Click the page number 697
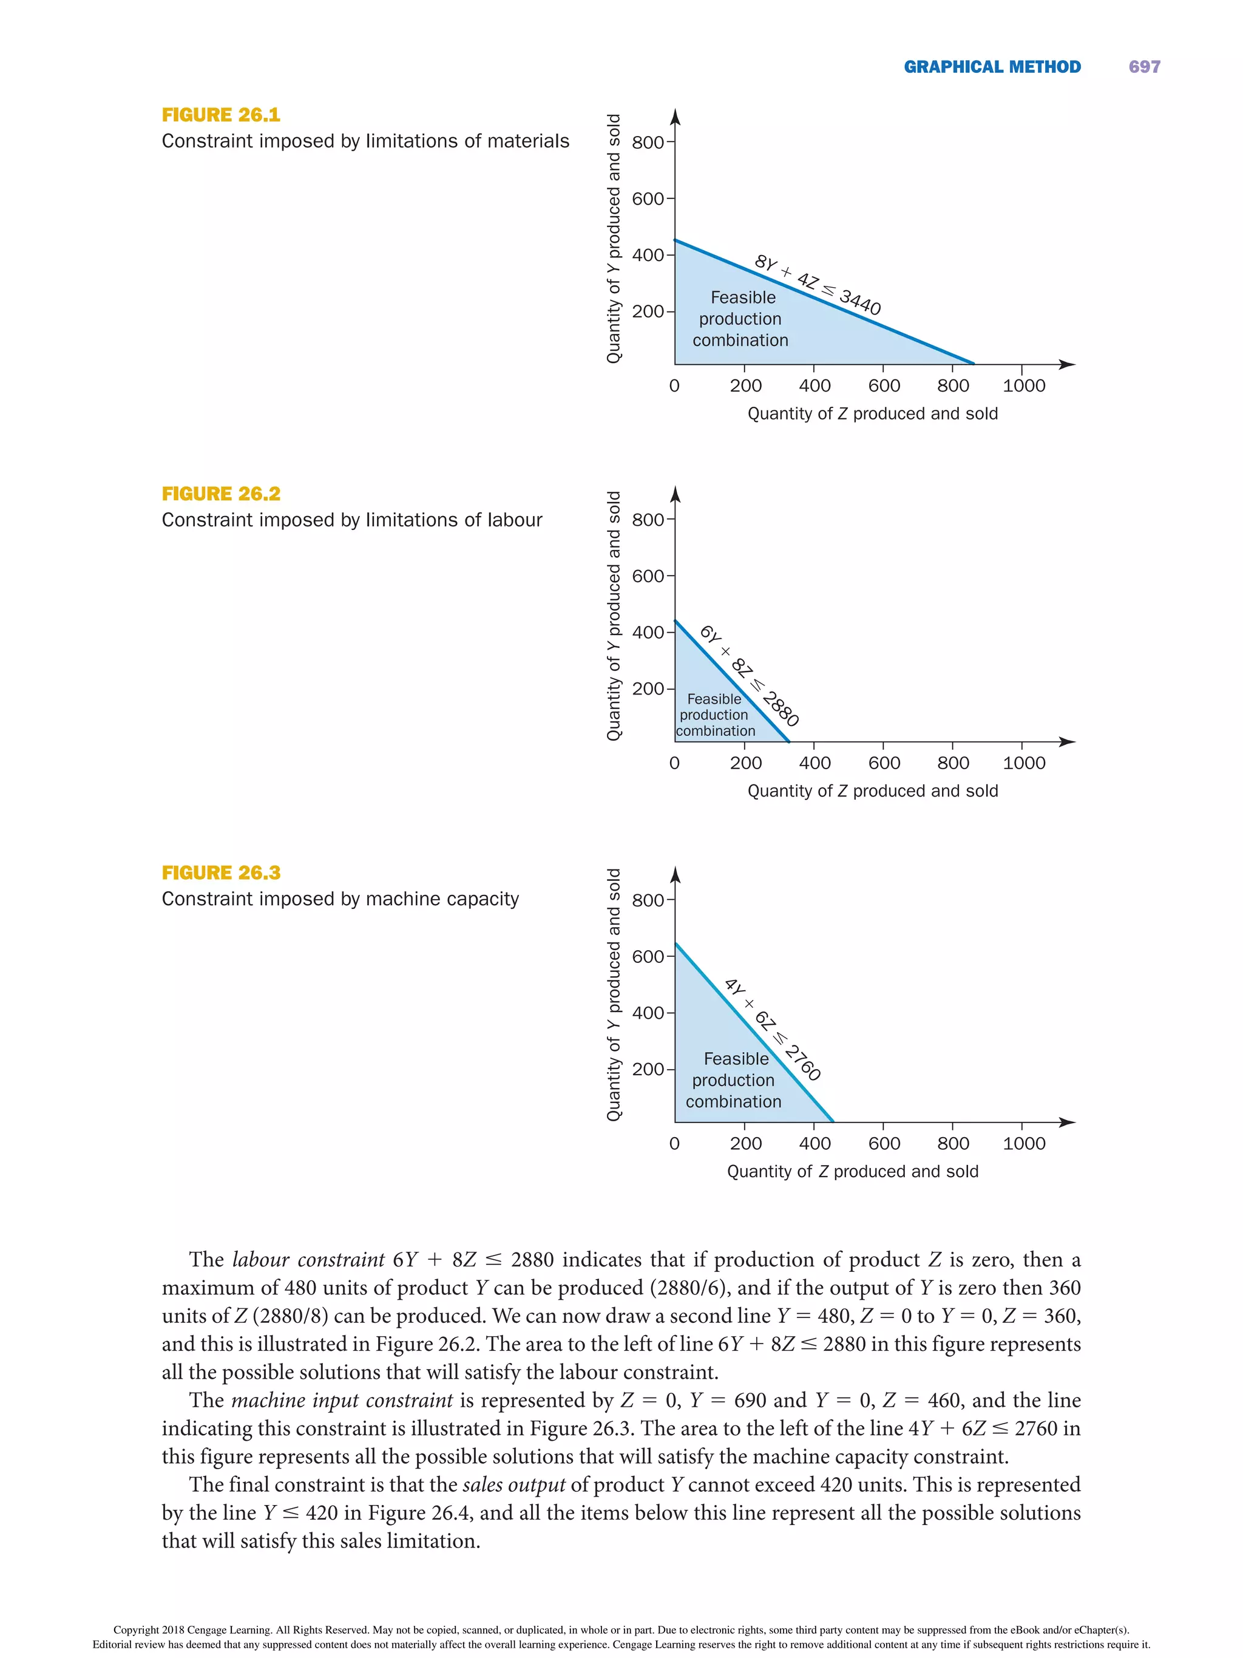point(1143,67)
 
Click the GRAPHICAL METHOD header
point(992,67)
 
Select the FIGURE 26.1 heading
point(221,115)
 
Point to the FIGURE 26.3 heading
point(221,872)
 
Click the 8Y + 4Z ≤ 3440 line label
point(818,285)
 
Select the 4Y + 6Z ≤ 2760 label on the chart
point(773,1029)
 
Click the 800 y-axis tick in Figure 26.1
point(648,143)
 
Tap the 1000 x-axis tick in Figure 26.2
point(1023,763)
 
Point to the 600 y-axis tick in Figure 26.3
point(648,956)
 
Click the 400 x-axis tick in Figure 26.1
point(815,386)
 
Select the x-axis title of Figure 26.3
point(852,1170)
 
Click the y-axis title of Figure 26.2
point(614,616)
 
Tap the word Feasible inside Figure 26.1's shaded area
point(742,297)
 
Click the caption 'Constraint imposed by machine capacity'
point(340,899)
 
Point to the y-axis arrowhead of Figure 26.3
point(675,874)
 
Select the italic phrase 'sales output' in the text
point(513,1484)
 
